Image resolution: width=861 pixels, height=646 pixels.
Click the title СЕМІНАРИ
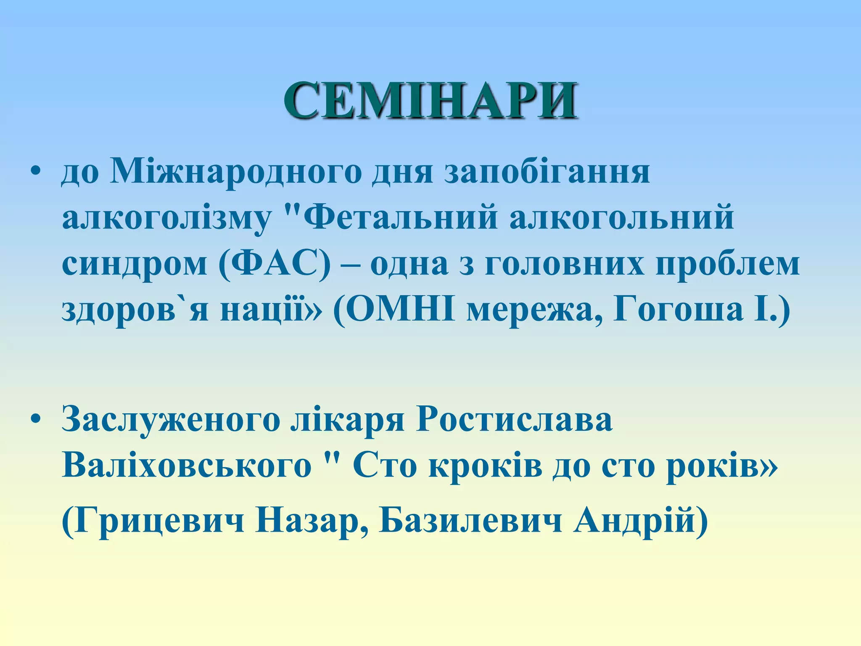(x=430, y=101)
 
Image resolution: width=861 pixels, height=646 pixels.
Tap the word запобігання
(x=547, y=172)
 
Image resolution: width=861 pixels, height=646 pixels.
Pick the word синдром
(x=135, y=265)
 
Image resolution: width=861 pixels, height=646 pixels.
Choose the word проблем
(x=727, y=265)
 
